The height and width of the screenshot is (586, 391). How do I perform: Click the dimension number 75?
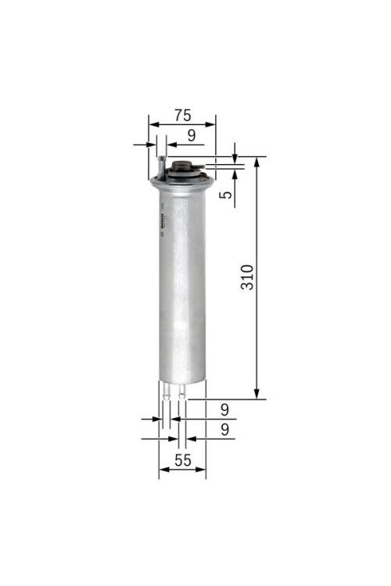coord(181,115)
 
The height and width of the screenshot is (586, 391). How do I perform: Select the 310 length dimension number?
coord(246,277)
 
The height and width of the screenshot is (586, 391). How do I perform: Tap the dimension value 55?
coord(182,461)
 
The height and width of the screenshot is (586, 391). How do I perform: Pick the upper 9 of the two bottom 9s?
coord(224,409)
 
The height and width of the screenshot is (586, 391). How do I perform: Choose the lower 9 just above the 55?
coord(224,429)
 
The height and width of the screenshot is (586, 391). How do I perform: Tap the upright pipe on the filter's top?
coord(160,166)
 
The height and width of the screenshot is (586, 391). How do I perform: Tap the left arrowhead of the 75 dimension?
coord(152,124)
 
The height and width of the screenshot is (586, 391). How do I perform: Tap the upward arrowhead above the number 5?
coord(235,172)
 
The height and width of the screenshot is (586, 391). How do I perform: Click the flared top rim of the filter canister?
coord(181,182)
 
